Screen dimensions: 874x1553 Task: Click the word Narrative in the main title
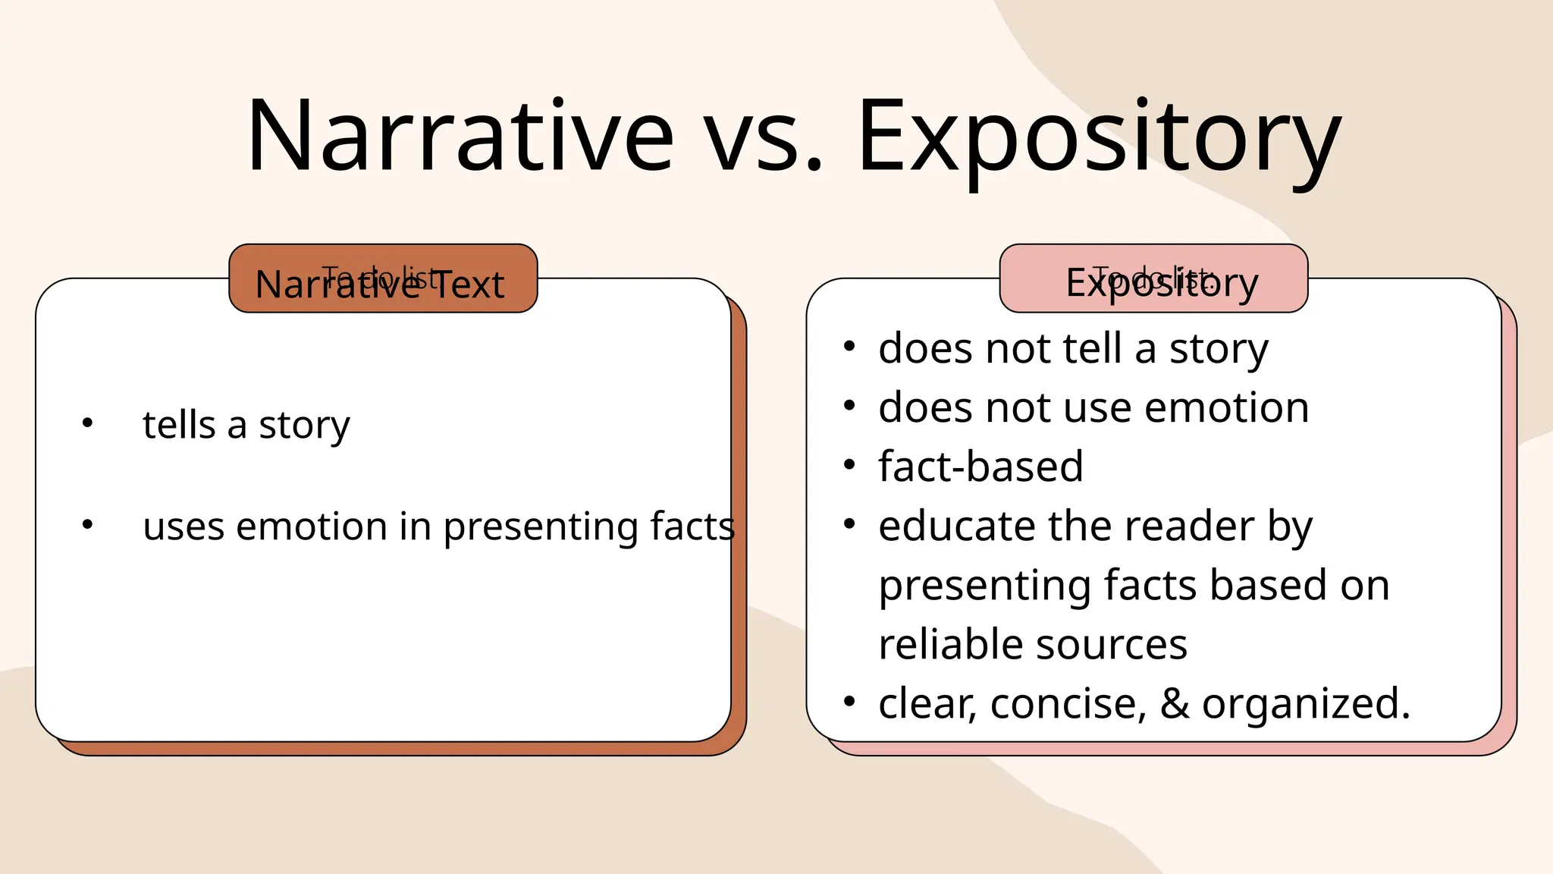(460, 137)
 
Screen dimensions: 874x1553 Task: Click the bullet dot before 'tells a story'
(88, 423)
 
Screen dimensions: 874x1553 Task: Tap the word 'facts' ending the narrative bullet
(692, 526)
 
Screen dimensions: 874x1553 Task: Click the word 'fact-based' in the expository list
(980, 466)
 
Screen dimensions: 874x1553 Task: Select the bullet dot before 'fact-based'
(849, 464)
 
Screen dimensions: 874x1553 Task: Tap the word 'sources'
(1112, 644)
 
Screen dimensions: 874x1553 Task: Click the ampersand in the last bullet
(1174, 703)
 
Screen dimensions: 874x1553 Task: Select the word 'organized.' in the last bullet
(1306, 703)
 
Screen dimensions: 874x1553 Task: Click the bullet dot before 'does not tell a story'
(849, 347)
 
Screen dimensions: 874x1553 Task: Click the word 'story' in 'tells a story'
(304, 425)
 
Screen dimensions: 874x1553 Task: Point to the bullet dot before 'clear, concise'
(849, 702)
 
